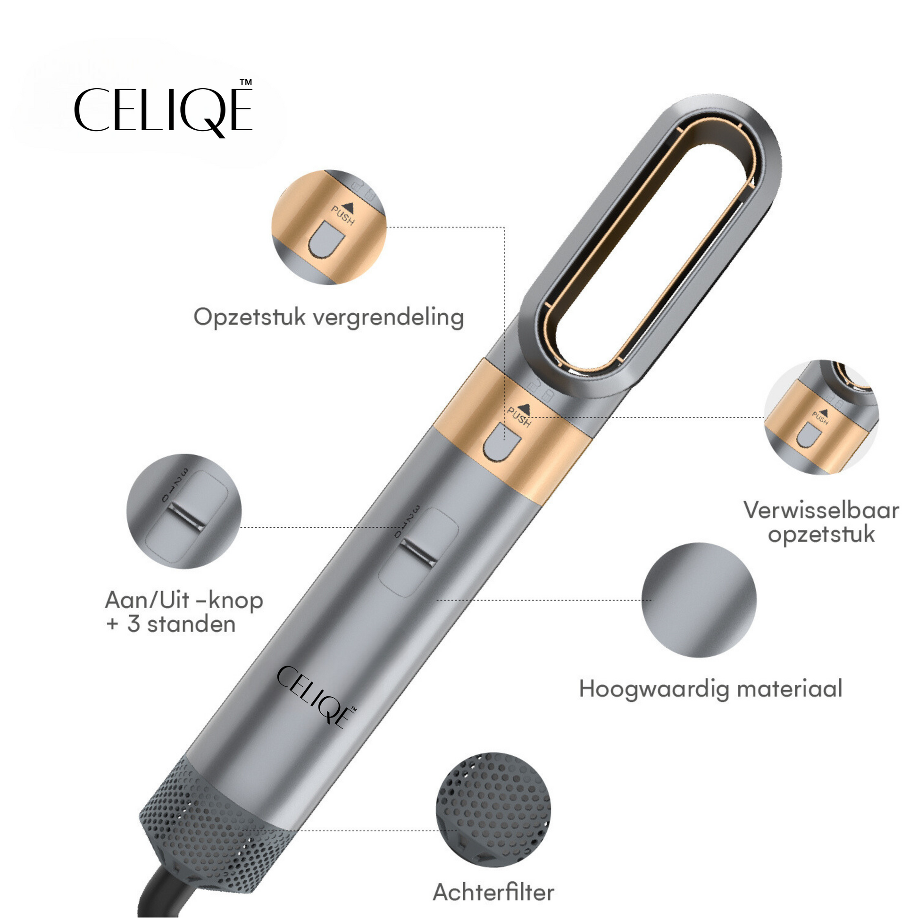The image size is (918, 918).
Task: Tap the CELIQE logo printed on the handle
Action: point(316,697)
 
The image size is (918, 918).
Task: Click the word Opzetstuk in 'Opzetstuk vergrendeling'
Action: point(250,318)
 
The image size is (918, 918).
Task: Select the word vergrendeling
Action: point(389,318)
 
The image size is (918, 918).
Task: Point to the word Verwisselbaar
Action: point(821,510)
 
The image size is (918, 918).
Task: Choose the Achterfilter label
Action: point(493,893)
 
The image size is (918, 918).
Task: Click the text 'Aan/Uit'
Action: point(147,600)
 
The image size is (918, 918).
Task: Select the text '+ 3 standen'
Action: point(172,624)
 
